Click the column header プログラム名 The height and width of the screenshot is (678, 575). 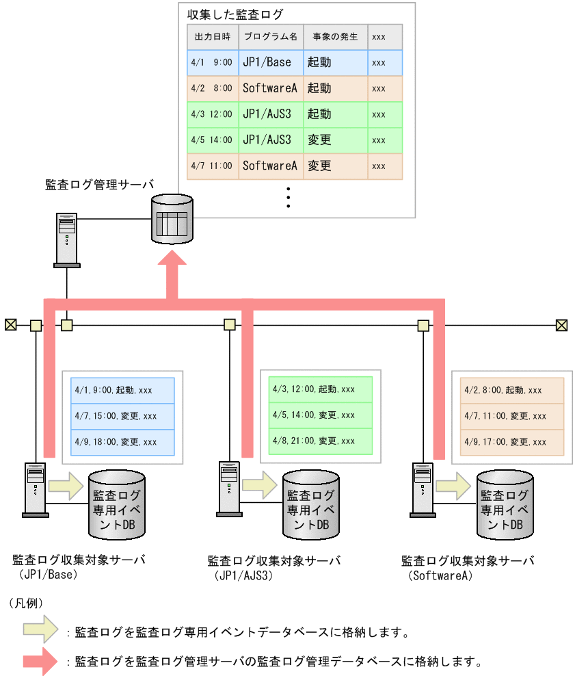(270, 36)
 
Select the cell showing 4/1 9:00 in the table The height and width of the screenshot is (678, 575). (212, 62)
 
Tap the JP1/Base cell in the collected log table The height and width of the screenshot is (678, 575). (270, 62)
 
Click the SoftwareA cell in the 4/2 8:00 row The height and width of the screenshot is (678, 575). (270, 88)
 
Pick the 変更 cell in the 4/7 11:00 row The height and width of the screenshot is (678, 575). (335, 166)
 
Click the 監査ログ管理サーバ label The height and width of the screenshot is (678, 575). (99, 185)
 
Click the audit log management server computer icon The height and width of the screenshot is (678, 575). (66, 239)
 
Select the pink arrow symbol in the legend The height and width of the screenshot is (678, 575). (42, 662)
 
